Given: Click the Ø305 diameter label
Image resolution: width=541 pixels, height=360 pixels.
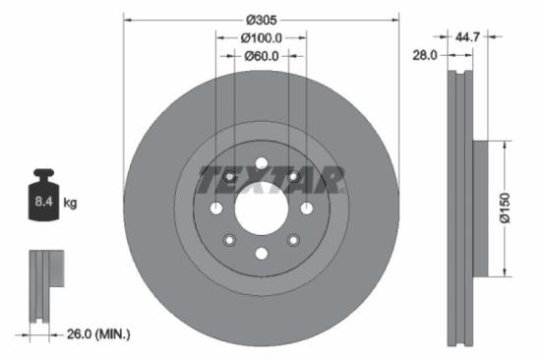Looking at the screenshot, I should pyautogui.click(x=262, y=19).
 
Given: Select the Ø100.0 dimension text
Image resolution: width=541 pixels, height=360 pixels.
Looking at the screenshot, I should pyautogui.click(x=262, y=37).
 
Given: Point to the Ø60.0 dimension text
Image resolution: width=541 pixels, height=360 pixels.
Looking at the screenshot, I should pyautogui.click(x=262, y=55).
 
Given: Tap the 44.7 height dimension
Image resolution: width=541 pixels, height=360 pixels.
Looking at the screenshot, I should pyautogui.click(x=468, y=36).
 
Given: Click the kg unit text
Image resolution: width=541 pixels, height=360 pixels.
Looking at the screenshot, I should pyautogui.click(x=71, y=203).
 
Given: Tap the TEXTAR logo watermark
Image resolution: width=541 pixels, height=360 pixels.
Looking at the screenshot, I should pyautogui.click(x=271, y=180).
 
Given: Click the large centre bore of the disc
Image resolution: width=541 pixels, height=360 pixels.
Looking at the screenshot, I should pyautogui.click(x=261, y=207).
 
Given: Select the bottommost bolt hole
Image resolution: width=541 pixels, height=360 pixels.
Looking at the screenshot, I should pyautogui.click(x=261, y=252).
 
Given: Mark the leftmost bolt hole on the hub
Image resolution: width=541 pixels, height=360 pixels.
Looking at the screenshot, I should pyautogui.click(x=215, y=207).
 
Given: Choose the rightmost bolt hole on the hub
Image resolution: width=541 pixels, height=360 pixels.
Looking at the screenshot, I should pyautogui.click(x=306, y=207).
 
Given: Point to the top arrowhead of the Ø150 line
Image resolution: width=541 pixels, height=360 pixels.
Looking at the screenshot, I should pyautogui.click(x=505, y=144).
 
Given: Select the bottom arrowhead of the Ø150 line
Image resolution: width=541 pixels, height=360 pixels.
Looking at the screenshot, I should pyautogui.click(x=505, y=271).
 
